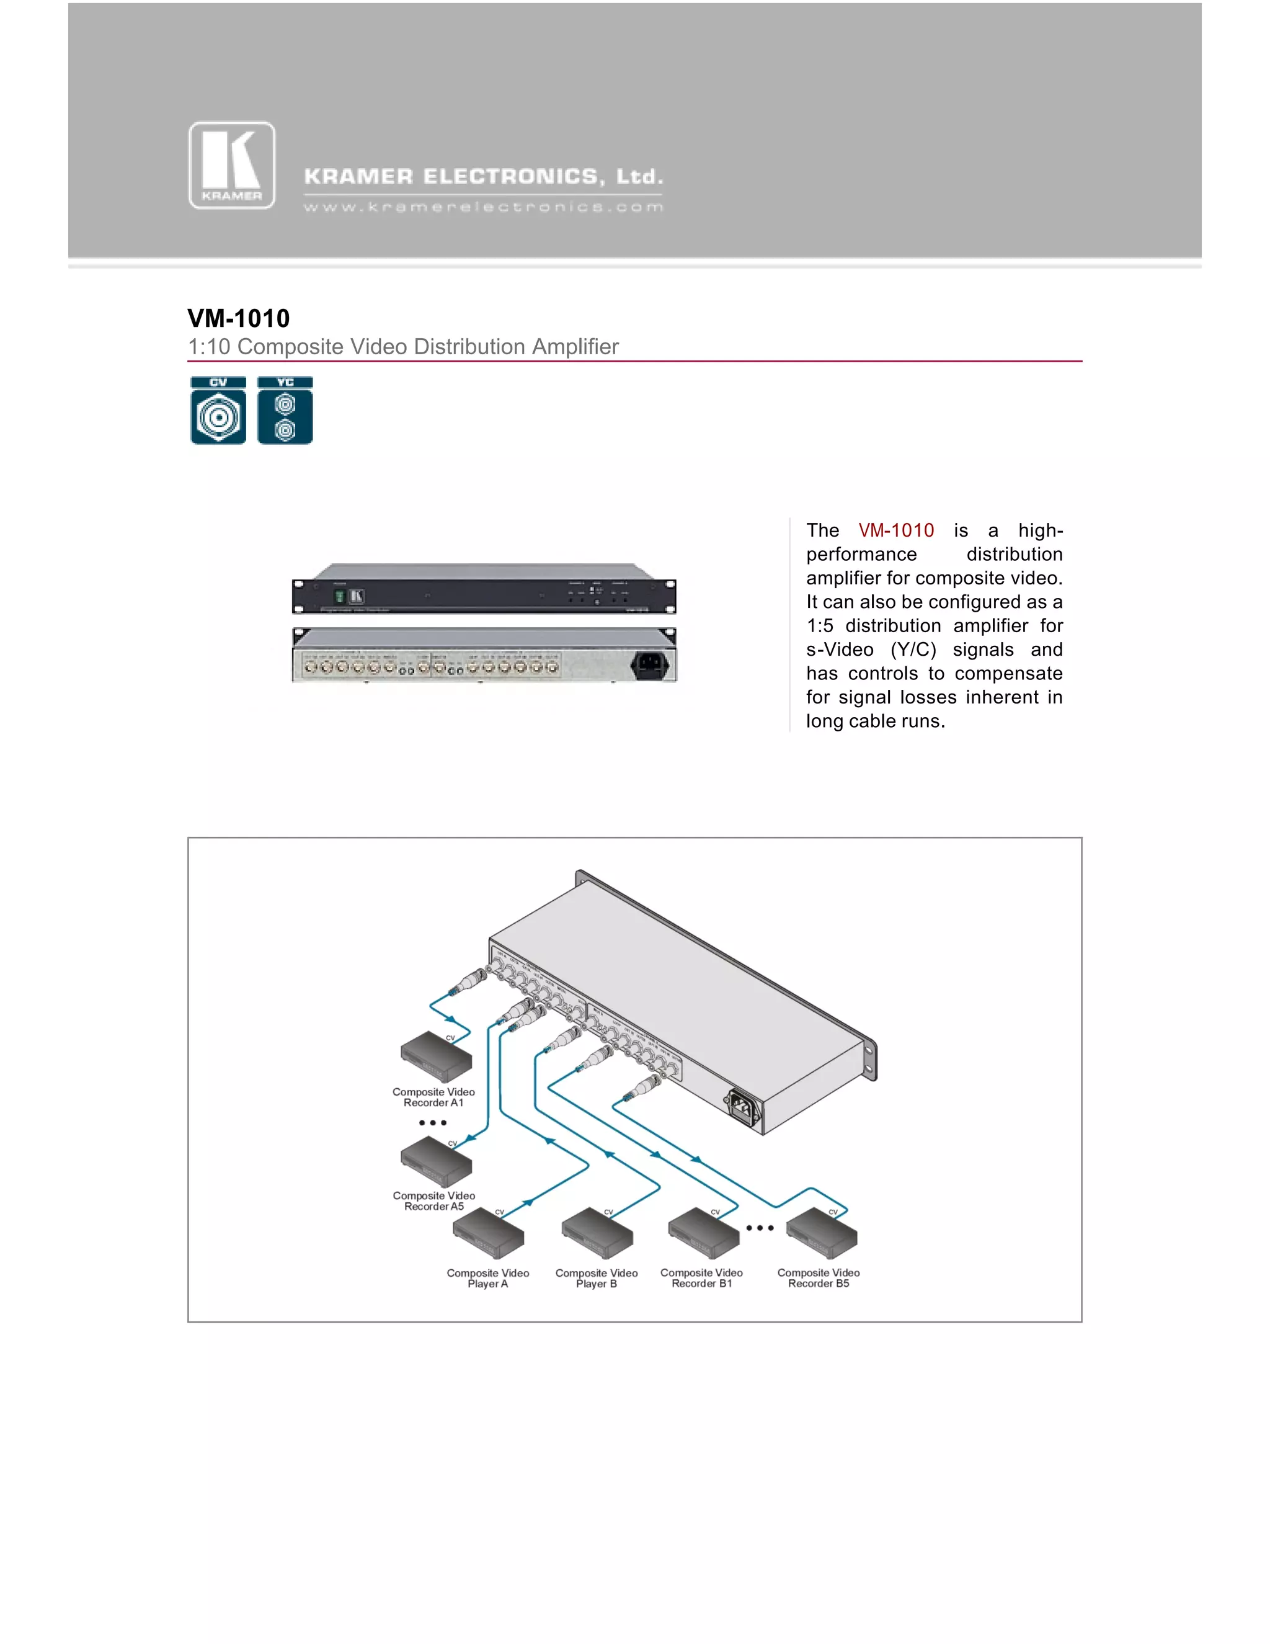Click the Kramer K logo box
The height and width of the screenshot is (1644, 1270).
[232, 166]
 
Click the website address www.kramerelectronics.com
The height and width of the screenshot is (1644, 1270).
[483, 207]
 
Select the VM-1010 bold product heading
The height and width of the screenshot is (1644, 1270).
[239, 318]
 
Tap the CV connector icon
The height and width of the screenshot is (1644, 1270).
[218, 411]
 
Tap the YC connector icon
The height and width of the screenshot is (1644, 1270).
[285, 411]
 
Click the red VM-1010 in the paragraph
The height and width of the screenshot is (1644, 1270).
[896, 530]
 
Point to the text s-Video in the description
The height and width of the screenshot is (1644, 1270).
[840, 650]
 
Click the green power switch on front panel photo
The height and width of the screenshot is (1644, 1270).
[339, 596]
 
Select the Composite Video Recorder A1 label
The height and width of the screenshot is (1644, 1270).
[433, 1097]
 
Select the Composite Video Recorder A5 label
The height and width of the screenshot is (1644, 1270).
[434, 1202]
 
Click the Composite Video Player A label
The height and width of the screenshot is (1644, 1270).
[487, 1278]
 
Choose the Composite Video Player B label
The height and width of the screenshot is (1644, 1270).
[597, 1278]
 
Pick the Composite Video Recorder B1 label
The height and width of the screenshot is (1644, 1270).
[701, 1278]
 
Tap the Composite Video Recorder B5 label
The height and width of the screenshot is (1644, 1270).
[819, 1278]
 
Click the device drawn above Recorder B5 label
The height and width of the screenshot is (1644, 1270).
[822, 1235]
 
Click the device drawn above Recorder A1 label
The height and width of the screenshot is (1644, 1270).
[437, 1057]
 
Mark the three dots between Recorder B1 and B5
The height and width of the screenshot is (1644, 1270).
[760, 1228]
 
